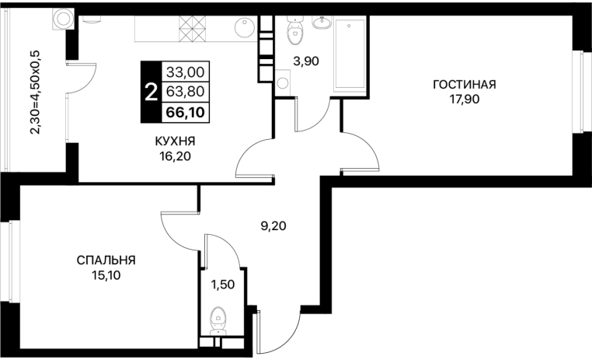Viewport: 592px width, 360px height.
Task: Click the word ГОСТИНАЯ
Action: tap(464, 84)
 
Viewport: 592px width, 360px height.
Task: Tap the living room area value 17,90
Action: tap(464, 100)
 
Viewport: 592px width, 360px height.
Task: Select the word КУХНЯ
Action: tap(175, 142)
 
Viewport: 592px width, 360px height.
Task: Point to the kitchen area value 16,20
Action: tap(175, 156)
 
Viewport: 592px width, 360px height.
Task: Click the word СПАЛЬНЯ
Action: tap(106, 260)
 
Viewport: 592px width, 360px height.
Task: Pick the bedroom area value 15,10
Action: tap(106, 275)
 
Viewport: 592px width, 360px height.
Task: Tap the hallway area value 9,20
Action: tap(273, 226)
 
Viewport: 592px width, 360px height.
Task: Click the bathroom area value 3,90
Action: tap(306, 61)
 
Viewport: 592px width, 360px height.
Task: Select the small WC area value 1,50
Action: tap(223, 285)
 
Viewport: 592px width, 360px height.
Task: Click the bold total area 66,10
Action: tap(186, 112)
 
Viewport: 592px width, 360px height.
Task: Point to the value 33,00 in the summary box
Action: tap(186, 72)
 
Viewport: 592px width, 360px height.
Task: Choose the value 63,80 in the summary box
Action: tap(186, 92)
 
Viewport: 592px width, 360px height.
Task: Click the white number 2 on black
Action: tap(151, 92)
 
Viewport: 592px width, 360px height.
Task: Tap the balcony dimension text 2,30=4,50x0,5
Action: tap(37, 92)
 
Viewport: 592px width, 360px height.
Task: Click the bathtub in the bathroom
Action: tap(350, 54)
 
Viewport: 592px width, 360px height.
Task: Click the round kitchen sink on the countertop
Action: tap(244, 28)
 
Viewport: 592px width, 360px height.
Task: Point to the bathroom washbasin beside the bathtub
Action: tap(322, 23)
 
